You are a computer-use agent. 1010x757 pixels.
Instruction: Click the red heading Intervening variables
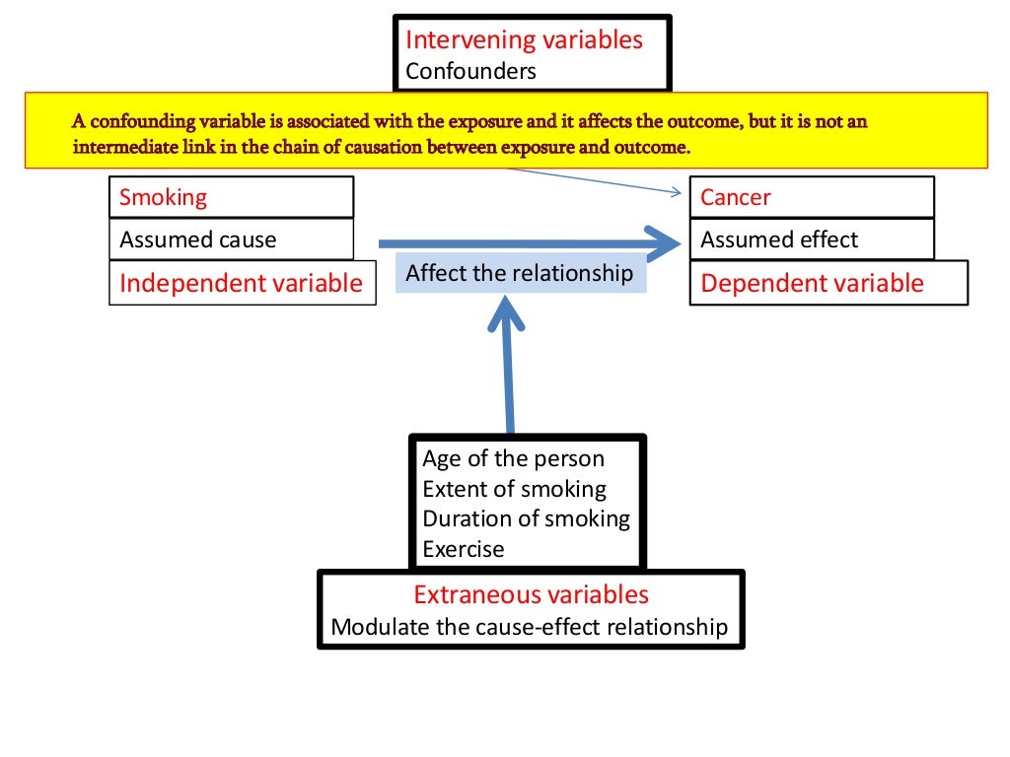tap(524, 40)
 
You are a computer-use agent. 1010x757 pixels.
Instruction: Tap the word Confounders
tap(470, 71)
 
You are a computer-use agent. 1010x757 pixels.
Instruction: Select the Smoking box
tap(231, 197)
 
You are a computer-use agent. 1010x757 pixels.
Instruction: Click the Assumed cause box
tap(231, 240)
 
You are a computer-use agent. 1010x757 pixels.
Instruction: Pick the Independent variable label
tap(242, 284)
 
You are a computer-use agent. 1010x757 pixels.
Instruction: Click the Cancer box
tap(811, 197)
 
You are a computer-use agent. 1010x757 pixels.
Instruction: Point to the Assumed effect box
tap(811, 240)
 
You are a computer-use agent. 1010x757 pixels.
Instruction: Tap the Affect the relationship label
tap(520, 273)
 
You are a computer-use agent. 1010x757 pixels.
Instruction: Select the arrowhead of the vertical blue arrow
tap(506, 314)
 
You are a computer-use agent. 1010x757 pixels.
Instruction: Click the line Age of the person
tap(513, 458)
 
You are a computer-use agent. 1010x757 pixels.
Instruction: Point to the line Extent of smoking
tap(514, 489)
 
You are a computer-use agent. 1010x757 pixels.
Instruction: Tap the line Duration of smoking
tap(526, 518)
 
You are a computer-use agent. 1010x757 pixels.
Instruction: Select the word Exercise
tap(463, 549)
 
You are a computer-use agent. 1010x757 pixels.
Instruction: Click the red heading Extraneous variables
tap(531, 595)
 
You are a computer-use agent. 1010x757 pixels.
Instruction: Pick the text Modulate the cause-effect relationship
tap(530, 627)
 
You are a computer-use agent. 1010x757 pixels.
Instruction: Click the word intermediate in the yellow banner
tap(120, 148)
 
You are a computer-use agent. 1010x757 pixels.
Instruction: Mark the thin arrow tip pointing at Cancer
tap(682, 193)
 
